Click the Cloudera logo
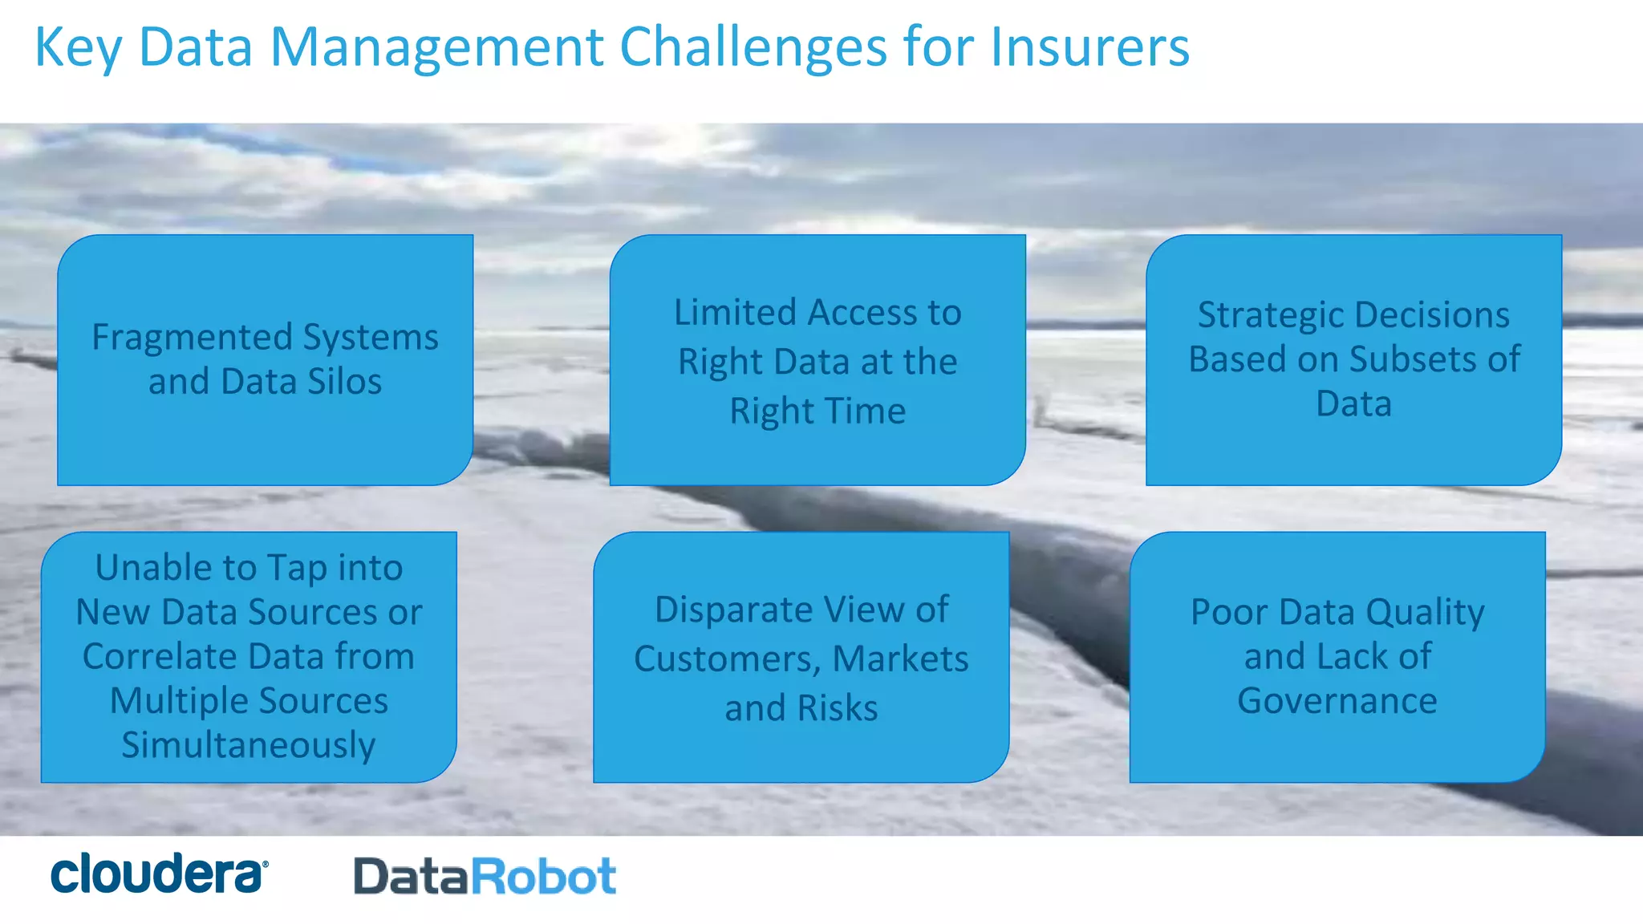point(159,873)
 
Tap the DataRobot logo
point(485,876)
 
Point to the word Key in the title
point(78,48)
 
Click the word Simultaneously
point(249,745)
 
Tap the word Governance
point(1337,701)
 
